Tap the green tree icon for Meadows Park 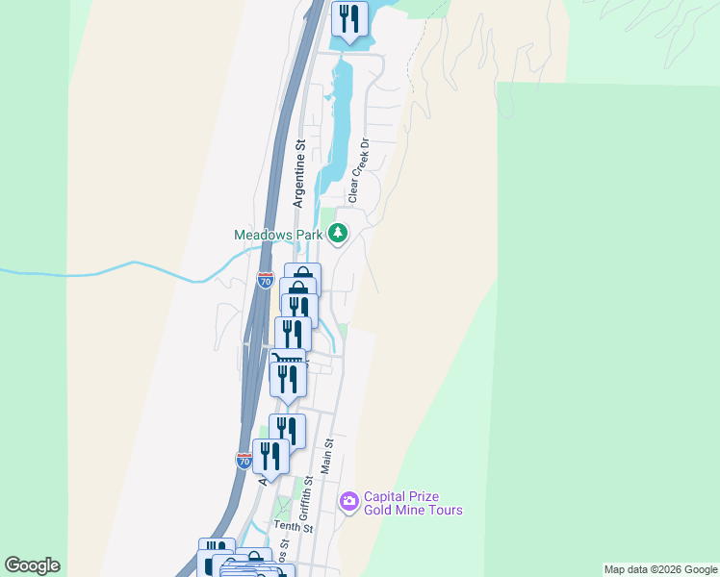click(x=338, y=233)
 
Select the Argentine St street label click(x=299, y=174)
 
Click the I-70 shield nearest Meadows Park click(x=266, y=281)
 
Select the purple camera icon click(x=348, y=501)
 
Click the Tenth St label click(x=293, y=527)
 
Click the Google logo click(x=32, y=565)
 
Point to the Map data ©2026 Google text click(x=660, y=569)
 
